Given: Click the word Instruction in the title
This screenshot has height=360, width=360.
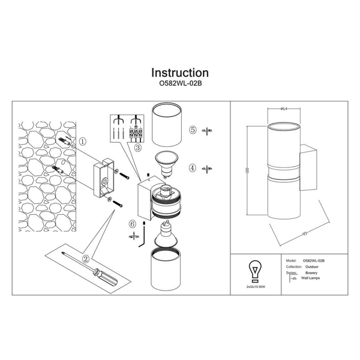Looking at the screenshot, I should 179,74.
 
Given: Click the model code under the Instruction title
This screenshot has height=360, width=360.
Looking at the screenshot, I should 179,85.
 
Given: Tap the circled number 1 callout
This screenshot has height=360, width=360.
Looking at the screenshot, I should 83,142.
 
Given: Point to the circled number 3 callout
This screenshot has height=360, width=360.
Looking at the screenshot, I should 138,147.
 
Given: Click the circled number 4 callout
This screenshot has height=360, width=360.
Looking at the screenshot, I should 193,167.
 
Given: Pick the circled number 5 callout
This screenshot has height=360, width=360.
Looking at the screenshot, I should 193,130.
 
